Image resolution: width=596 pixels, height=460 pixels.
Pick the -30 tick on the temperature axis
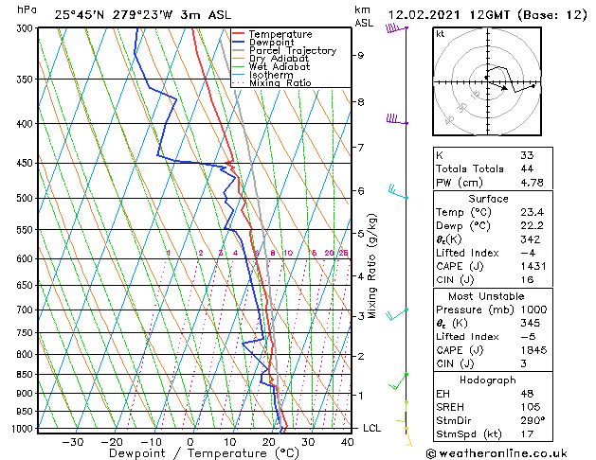(73, 441)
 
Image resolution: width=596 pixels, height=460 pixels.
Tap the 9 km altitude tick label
(360, 55)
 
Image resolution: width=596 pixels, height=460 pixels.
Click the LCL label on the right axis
(372, 428)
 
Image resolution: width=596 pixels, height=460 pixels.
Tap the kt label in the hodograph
(441, 34)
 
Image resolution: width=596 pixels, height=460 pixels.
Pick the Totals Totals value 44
(527, 168)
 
